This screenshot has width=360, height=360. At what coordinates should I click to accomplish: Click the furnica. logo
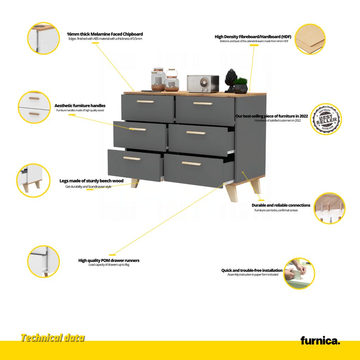tap(320, 340)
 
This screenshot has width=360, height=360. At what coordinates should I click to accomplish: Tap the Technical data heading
tap(53, 338)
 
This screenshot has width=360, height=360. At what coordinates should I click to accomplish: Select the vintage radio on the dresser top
tap(203, 84)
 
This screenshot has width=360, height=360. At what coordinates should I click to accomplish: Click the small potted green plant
tap(241, 85)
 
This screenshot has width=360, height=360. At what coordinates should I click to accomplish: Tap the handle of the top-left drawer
tap(146, 102)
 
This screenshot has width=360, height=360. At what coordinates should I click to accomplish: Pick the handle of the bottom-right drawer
tap(191, 163)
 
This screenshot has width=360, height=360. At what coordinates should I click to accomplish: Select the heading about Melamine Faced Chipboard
tap(105, 34)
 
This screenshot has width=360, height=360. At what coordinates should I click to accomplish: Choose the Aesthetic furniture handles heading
tap(80, 105)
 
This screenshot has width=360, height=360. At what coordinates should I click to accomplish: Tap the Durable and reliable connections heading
tap(281, 205)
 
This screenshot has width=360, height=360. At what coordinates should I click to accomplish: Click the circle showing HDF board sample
tap(310, 39)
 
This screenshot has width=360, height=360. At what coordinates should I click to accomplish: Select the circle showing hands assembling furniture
tap(299, 273)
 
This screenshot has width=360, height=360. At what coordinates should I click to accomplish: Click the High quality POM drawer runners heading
tap(109, 261)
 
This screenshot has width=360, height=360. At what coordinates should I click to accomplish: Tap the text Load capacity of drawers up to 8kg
tap(109, 265)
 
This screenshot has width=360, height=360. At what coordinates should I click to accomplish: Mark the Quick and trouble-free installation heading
tap(252, 270)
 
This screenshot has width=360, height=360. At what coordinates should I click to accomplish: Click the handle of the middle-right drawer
tap(196, 133)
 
